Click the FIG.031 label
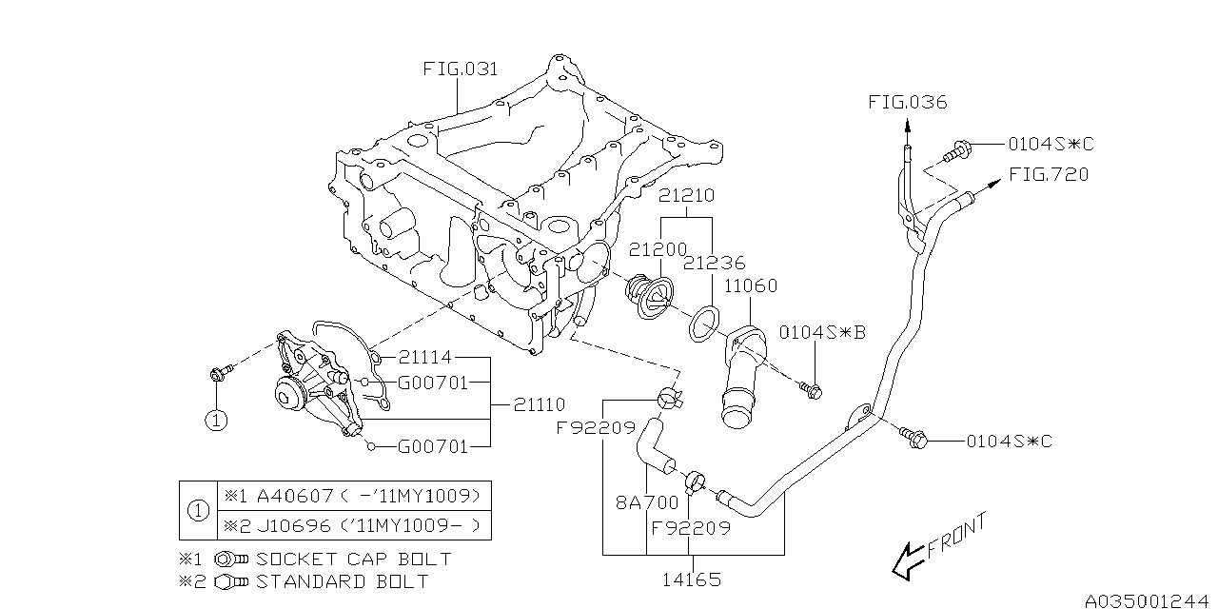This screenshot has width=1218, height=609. (x=461, y=69)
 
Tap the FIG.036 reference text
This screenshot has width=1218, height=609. (x=907, y=102)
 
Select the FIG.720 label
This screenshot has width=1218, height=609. (x=1049, y=174)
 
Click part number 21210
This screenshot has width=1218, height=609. (x=686, y=195)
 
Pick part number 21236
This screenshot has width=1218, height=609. (x=714, y=263)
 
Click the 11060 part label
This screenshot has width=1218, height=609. (x=750, y=285)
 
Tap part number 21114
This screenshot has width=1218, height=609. (x=424, y=358)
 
